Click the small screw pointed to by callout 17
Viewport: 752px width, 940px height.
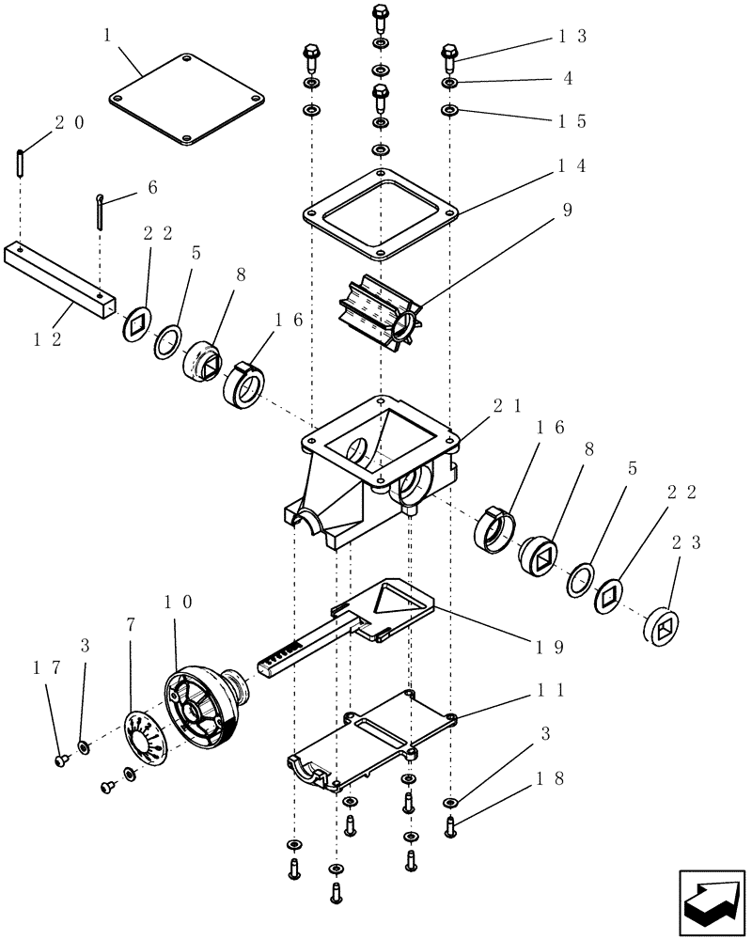62,759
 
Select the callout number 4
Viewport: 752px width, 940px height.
568,78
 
